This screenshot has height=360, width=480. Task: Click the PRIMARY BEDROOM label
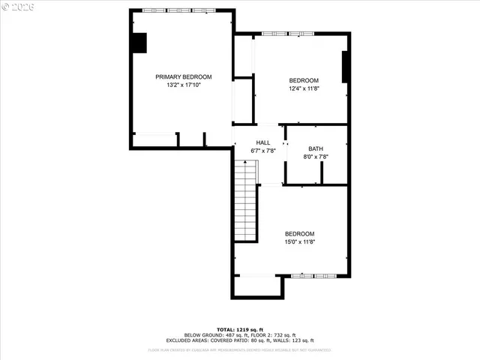click(183, 76)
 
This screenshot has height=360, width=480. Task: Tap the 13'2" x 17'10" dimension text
click(183, 85)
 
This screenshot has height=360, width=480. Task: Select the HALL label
click(262, 142)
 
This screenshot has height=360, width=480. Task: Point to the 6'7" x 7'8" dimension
click(262, 151)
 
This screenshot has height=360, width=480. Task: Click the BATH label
click(315, 148)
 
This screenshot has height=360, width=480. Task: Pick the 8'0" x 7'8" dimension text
click(315, 157)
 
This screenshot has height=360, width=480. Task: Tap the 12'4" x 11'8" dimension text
click(304, 88)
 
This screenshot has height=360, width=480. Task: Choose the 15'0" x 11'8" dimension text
click(299, 241)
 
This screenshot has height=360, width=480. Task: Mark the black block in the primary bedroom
click(139, 43)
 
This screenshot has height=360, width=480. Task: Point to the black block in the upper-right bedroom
click(346, 67)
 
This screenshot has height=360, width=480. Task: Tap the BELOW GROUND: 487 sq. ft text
click(212, 335)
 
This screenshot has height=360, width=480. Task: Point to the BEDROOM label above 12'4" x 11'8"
click(304, 80)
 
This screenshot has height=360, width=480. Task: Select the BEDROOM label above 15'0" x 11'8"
click(299, 233)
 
